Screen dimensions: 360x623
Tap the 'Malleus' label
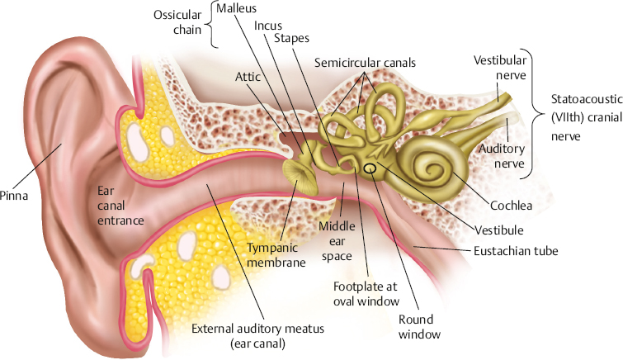tap(234, 9)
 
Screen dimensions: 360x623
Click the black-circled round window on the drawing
tap(370, 170)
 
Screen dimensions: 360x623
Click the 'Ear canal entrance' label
tap(117, 206)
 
